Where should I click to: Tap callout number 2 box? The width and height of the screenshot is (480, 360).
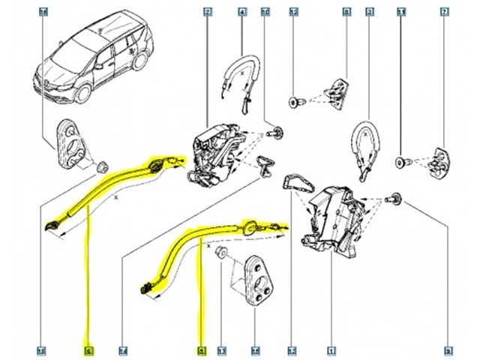click(207, 13)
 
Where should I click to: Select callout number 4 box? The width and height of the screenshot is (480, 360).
click(242, 13)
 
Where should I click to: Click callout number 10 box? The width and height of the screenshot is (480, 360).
click(265, 13)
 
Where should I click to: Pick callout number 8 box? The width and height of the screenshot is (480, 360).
click(346, 13)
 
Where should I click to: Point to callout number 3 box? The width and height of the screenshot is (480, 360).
click(369, 13)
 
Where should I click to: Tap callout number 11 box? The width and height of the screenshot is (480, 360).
click(403, 13)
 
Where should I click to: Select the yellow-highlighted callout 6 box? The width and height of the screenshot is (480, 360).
click(88, 350)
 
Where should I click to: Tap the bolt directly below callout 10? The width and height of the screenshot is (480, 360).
click(276, 133)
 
